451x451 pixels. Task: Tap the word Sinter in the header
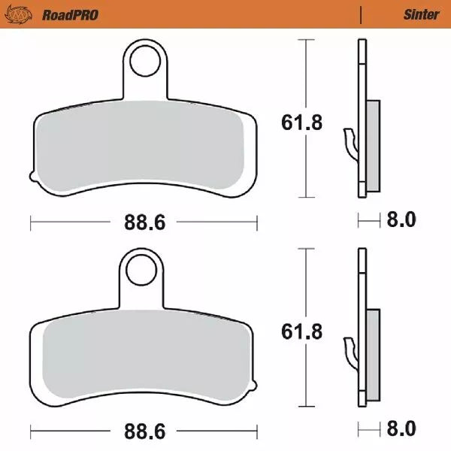(x=421, y=14)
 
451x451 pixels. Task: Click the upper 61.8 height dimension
(x=303, y=123)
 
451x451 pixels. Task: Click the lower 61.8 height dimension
(x=303, y=331)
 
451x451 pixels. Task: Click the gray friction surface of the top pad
(x=143, y=147)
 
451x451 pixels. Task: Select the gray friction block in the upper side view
(x=373, y=147)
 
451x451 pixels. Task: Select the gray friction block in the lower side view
(x=373, y=355)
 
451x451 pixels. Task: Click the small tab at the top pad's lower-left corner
(x=32, y=177)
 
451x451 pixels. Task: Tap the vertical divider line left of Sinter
(x=362, y=14)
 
